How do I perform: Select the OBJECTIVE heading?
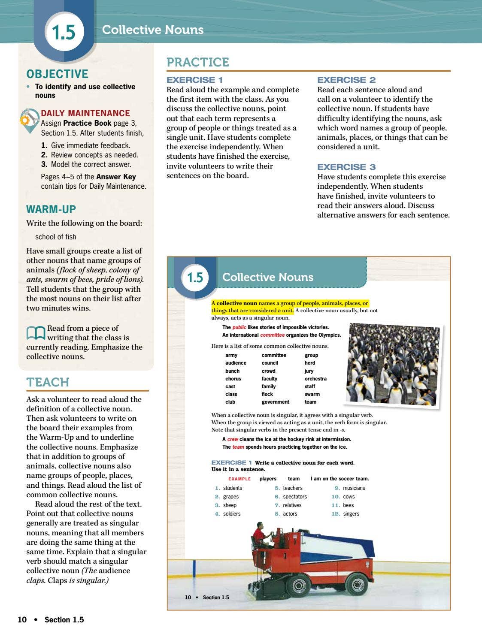57,74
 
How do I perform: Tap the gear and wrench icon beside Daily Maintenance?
29,119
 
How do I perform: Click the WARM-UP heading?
51,209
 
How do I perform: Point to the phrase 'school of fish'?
55,237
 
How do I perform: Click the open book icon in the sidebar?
36,332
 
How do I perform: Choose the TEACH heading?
48,382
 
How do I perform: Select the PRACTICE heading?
197,62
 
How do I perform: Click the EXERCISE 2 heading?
346,80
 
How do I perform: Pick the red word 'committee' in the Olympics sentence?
272,335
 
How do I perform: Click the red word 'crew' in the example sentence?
233,439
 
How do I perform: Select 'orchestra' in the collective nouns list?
315,379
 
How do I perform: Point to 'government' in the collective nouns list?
275,402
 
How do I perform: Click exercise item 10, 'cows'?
349,497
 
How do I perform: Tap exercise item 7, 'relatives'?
292,505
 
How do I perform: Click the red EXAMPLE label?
239,479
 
